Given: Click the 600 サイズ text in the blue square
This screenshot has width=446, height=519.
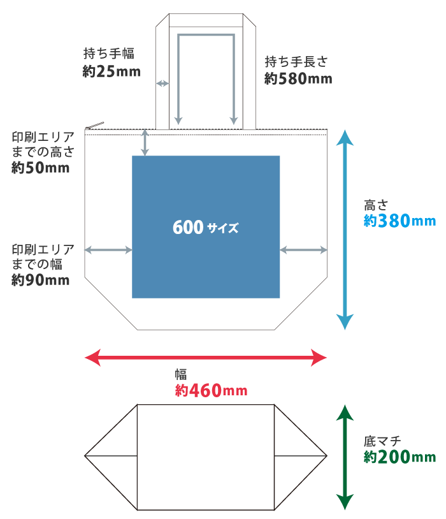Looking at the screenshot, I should pos(205,228).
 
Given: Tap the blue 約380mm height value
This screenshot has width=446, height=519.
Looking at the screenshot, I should pos(399,221).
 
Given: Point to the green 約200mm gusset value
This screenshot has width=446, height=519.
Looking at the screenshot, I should pos(399,457).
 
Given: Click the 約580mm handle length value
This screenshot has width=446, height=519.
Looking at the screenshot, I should pos(298,79).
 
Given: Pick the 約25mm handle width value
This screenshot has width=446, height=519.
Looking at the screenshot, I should pos(111,71).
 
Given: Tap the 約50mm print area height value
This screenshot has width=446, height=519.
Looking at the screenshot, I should pos(41,168).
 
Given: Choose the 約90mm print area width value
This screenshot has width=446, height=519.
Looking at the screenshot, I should pos(41,280).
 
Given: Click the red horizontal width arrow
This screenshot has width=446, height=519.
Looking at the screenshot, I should pos(206,357).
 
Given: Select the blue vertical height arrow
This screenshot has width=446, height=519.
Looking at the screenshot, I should pos(345,230).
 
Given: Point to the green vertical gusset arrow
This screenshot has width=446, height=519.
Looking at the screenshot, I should pos(345,457).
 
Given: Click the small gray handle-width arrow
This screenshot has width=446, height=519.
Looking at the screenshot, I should pos(162,84).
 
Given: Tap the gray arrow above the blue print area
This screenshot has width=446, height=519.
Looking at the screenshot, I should pos(145,142).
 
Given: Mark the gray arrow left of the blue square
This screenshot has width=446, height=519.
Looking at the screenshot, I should pos(108,251).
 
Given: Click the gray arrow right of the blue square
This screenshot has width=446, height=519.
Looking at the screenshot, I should pos(303,251).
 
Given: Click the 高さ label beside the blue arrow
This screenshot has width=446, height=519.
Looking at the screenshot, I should pos(375,205).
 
